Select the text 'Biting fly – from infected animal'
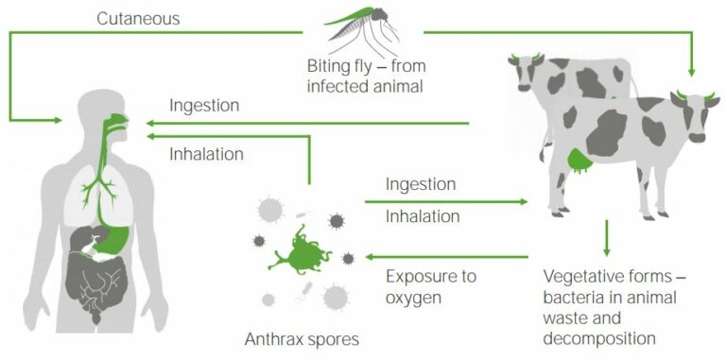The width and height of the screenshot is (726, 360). pos(354,77)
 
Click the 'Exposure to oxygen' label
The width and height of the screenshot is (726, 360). pos(431,286)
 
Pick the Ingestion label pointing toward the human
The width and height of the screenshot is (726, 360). pos(204,105)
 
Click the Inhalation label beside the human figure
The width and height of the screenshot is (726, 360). pos(207,153)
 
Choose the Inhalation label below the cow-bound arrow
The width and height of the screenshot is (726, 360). pos(423,216)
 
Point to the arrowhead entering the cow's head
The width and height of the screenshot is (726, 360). pos(694,69)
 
